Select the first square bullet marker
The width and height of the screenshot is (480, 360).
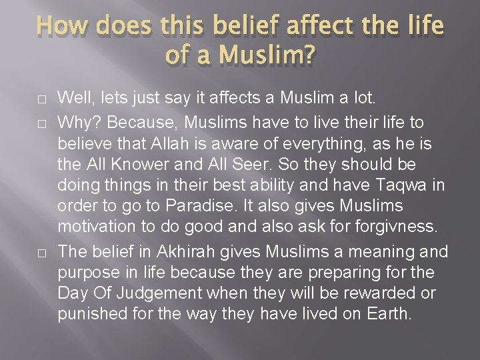point(41,99)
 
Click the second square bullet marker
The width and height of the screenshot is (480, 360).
point(41,123)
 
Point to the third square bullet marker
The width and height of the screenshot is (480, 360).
point(41,253)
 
